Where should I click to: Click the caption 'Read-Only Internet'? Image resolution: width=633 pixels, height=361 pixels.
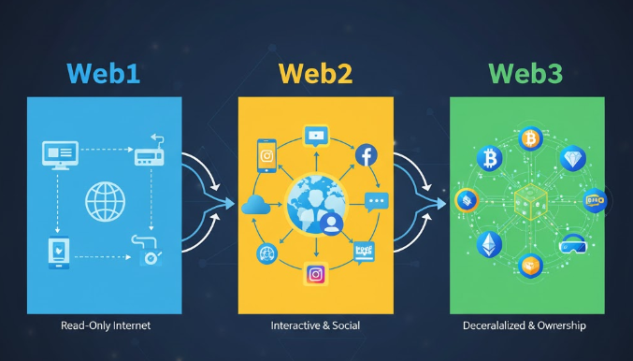pyautogui.click(x=105, y=325)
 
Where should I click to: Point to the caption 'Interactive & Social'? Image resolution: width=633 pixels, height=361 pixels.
pyautogui.click(x=315, y=325)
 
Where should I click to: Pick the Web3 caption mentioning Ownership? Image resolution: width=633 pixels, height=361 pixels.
pyautogui.click(x=525, y=325)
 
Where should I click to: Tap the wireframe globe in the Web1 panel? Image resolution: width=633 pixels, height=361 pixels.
pyautogui.click(x=104, y=200)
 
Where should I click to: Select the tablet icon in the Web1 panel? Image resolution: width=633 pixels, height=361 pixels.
pyautogui.click(x=58, y=252)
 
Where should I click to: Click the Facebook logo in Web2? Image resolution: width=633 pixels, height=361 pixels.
pyautogui.click(x=366, y=154)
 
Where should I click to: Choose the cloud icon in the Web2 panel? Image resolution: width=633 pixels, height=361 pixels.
pyautogui.click(x=255, y=207)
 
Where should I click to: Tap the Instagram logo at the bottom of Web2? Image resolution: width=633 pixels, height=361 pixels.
pyautogui.click(x=315, y=274)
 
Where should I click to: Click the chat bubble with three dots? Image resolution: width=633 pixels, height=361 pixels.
pyautogui.click(x=376, y=201)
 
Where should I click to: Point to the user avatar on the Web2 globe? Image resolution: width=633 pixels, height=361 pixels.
pyautogui.click(x=329, y=222)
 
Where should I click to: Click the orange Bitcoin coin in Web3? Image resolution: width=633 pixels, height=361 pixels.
pyautogui.click(x=531, y=139)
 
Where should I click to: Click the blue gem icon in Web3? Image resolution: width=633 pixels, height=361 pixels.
pyautogui.click(x=572, y=158)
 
